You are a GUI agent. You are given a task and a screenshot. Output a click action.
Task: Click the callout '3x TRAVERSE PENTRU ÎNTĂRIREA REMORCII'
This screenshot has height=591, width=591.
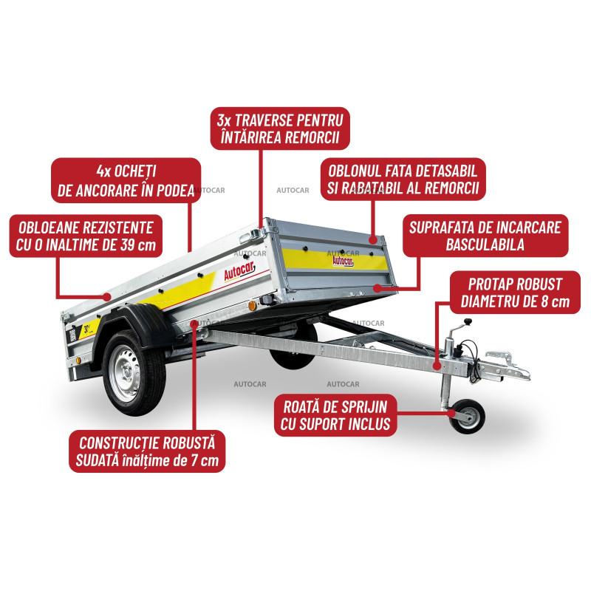click(x=280, y=129)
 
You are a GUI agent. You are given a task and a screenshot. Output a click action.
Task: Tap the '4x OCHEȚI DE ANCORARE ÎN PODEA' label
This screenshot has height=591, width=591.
click(x=126, y=180)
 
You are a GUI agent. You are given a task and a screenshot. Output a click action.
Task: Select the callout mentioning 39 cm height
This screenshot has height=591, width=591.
click(x=86, y=236)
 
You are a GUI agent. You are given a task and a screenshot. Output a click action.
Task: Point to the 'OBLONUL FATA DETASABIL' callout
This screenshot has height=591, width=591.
click(x=403, y=180)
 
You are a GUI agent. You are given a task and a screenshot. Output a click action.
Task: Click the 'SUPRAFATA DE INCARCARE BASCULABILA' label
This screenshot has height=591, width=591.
click(x=485, y=236)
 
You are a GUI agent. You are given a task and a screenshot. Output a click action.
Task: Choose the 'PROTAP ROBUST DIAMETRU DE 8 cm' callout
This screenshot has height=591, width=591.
click(x=515, y=293)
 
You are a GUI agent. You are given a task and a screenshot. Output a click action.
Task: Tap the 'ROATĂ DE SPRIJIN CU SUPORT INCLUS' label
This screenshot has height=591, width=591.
click(x=335, y=415)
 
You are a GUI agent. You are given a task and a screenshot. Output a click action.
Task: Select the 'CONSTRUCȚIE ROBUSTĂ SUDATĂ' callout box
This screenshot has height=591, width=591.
click(x=147, y=451)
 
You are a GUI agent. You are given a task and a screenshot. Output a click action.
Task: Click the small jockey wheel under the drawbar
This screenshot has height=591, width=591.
click(x=467, y=417)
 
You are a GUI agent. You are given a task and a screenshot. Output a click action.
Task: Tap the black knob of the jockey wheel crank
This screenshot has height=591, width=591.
click(x=468, y=321)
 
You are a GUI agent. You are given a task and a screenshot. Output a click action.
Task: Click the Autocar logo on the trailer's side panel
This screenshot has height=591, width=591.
click(x=239, y=270)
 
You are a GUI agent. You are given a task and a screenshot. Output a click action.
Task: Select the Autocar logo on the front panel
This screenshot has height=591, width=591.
click(x=343, y=261)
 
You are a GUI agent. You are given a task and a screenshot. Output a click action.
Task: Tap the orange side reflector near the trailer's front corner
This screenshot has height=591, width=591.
click(x=252, y=306)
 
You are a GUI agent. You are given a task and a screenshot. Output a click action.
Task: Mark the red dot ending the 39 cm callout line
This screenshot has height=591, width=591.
click(x=108, y=297)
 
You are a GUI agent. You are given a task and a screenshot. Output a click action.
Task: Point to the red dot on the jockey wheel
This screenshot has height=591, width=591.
click(x=452, y=413)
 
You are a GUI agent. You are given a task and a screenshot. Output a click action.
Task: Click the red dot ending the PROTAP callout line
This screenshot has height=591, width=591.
click(x=437, y=366)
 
